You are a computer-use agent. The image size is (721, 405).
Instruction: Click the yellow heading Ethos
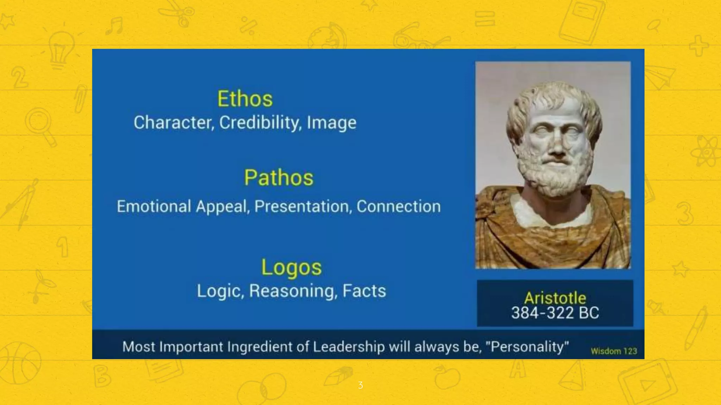(245, 99)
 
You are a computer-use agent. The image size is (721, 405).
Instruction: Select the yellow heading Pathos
(278, 178)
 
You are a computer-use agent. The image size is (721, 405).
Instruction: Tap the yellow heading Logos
(291, 267)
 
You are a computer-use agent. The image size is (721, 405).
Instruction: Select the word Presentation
(303, 206)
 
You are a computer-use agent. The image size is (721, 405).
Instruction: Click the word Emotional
(154, 206)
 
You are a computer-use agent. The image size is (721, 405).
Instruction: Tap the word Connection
(399, 206)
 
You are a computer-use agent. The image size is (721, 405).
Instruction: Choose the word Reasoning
(292, 291)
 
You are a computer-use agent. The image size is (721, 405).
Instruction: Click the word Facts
(364, 291)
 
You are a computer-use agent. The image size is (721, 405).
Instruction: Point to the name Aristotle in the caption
(555, 298)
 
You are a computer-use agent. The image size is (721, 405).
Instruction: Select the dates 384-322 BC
(555, 313)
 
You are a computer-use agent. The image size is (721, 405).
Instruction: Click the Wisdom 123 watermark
(614, 351)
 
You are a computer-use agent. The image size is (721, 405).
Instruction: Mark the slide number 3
(360, 385)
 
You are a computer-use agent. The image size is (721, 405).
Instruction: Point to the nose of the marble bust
(557, 148)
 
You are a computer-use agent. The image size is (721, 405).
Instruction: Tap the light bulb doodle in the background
(61, 49)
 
